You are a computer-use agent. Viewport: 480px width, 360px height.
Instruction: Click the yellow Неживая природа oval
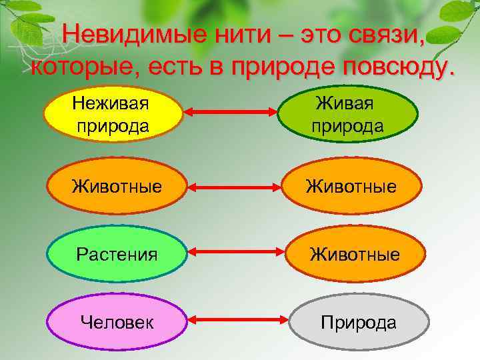[113, 114]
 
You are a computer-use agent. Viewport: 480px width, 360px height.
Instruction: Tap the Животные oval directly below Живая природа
[353, 185]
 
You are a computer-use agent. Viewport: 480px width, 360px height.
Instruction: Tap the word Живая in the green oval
[347, 104]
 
